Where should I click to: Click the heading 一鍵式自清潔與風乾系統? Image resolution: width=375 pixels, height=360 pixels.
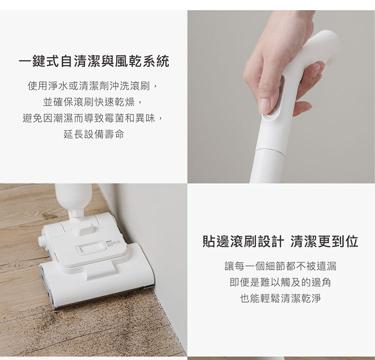click(94, 61)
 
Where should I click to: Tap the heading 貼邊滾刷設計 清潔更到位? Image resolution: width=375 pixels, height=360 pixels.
click(280, 241)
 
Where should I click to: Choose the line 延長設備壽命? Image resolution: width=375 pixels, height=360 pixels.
click(94, 134)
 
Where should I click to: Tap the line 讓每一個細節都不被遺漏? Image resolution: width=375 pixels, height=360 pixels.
click(280, 266)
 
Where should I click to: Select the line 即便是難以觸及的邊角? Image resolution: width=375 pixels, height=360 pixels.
click(280, 282)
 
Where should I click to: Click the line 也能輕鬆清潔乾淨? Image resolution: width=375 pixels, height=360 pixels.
click(280, 298)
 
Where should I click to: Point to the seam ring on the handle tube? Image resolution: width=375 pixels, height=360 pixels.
click(270, 151)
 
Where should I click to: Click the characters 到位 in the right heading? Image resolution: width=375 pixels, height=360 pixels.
click(345, 241)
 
